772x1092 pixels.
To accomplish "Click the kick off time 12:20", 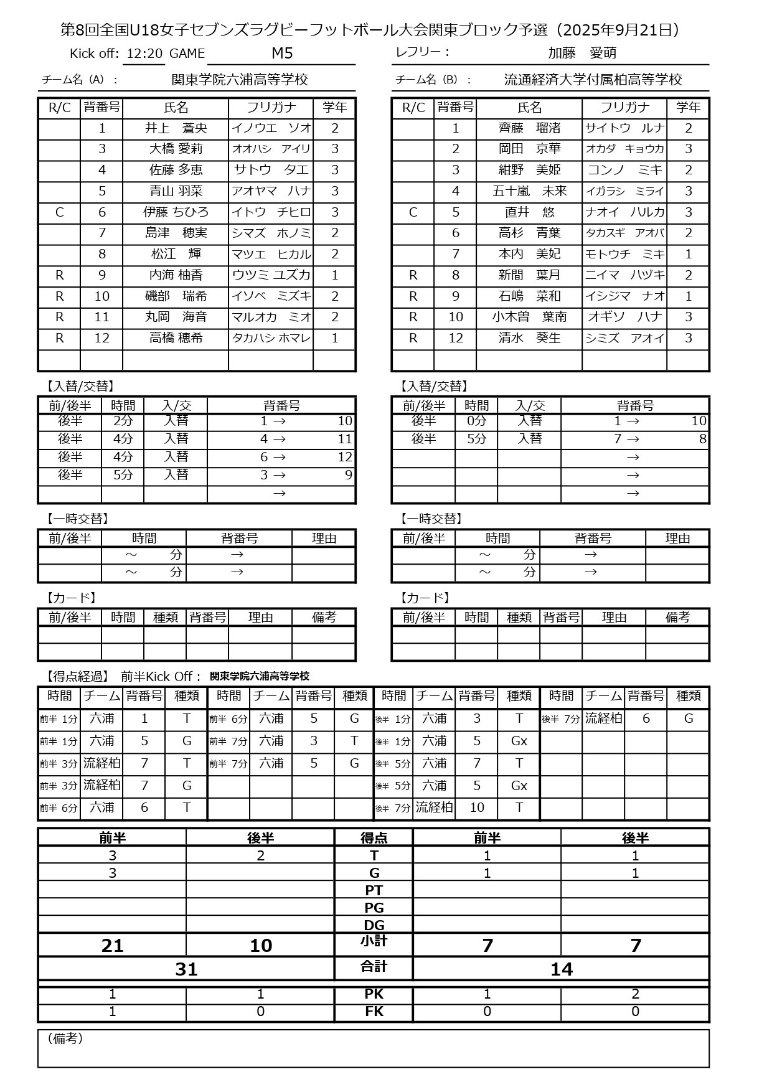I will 144,54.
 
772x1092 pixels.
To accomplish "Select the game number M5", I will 282,53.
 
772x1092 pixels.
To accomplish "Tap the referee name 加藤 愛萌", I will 582,53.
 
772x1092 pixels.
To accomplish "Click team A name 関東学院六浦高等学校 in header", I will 240,80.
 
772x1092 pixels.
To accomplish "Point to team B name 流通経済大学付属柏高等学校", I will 593,80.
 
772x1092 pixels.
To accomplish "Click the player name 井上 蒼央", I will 176,128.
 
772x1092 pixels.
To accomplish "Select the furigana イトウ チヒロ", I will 271,212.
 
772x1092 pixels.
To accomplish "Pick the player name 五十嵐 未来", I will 529,191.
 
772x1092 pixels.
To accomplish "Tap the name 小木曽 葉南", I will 529,317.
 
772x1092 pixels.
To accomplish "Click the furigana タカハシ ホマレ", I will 271,338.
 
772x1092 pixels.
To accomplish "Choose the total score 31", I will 186,969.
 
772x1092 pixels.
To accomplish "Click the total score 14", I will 561,969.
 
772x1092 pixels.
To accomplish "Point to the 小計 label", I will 374,941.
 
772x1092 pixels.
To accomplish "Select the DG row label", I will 374,925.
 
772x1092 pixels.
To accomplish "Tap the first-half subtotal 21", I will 112,946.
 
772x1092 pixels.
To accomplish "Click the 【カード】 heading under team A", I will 70,598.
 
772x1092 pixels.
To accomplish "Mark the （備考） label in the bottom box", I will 65,1038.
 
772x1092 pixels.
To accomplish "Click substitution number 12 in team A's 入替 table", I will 345,457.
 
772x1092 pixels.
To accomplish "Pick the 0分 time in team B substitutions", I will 476,421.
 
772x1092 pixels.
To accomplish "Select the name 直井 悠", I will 529,212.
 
